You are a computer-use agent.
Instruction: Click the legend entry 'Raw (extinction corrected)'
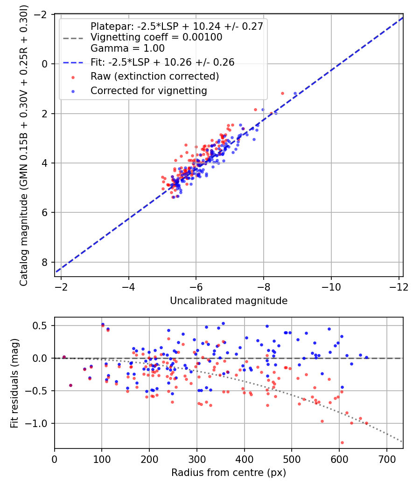[x=155, y=76]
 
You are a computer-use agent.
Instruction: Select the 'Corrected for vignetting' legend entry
[x=148, y=91]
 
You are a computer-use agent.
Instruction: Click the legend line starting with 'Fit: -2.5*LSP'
[x=162, y=62]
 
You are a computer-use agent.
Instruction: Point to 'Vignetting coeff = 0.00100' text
[x=156, y=37]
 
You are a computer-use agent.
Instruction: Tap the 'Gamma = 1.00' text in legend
[x=127, y=48]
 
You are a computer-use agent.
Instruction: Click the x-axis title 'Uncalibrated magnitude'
[x=229, y=301]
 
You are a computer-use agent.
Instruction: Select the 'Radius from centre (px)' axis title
[x=229, y=473]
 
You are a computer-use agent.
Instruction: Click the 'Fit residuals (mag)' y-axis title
[x=14, y=383]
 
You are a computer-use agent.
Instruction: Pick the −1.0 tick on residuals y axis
[x=39, y=423]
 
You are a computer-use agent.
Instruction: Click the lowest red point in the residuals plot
[x=342, y=442]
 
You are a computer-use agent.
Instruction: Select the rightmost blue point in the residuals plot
[x=366, y=358]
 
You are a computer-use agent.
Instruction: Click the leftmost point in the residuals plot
[x=64, y=357]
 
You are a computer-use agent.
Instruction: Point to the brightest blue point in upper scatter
[x=295, y=94]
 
